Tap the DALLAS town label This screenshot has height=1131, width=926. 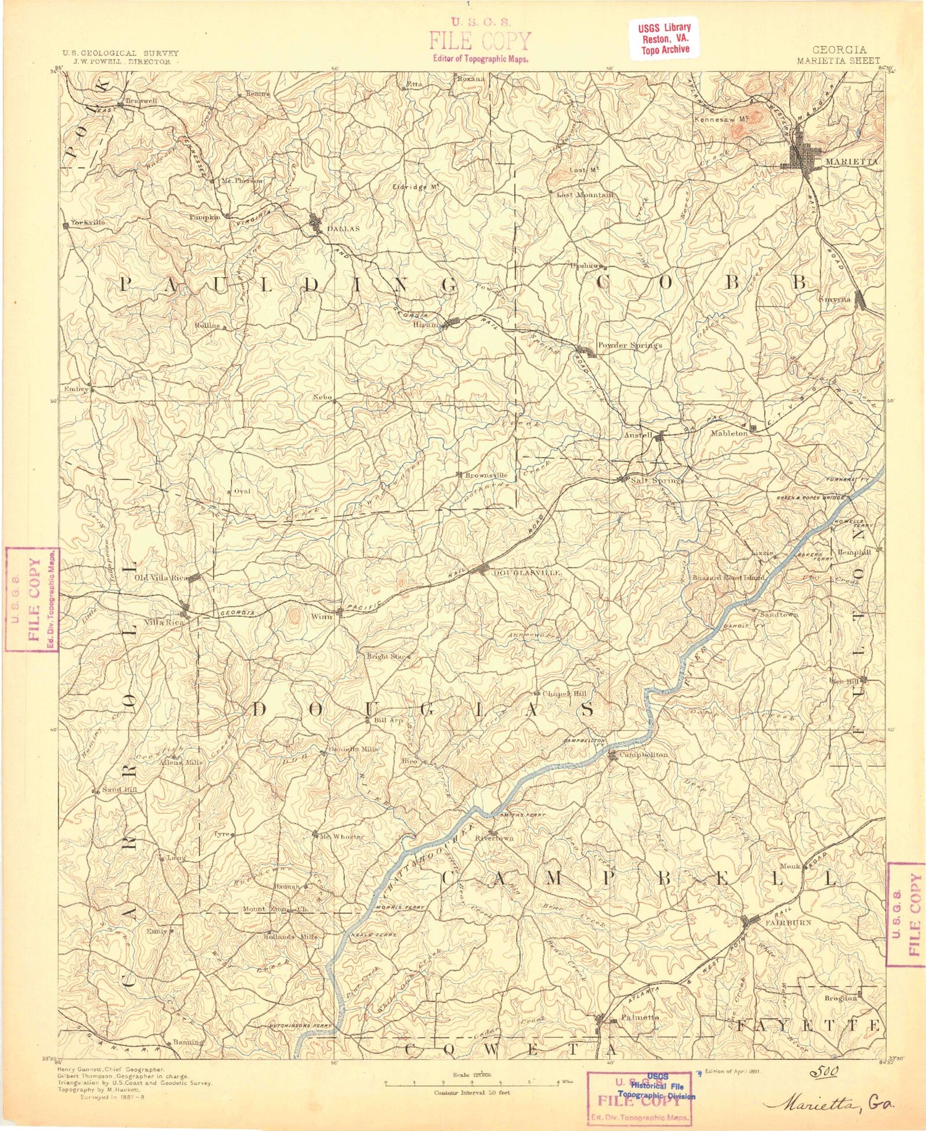click(343, 228)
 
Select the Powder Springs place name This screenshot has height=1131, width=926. click(629, 345)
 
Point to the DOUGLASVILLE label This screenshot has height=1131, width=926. click(527, 573)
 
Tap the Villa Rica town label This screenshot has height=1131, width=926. click(164, 623)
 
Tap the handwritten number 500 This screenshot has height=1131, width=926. click(824, 1071)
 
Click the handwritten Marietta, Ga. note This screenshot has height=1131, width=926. click(831, 1103)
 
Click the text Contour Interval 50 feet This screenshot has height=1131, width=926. click(472, 1093)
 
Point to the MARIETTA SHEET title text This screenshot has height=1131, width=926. click(838, 61)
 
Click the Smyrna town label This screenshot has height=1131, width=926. click(835, 299)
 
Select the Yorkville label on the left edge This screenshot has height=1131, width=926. click(88, 222)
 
